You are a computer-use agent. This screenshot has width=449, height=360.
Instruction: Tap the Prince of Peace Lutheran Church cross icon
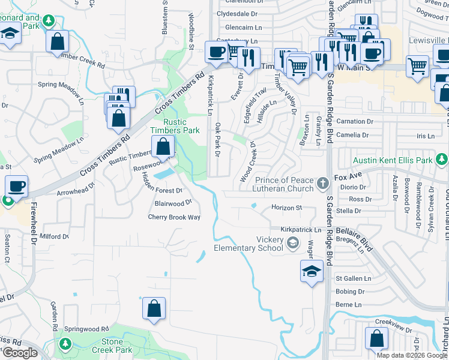coord(322,182)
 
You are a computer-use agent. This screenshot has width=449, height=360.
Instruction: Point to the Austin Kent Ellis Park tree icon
coord(442,160)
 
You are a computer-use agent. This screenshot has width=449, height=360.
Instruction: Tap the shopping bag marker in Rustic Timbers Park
coord(163,146)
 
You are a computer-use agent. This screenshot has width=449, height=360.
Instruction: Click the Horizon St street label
coord(285,207)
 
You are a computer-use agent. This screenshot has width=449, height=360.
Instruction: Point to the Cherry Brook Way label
coord(174,217)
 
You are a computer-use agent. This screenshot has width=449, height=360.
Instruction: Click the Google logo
coord(20,353)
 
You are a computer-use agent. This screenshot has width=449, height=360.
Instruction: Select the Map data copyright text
coord(412,355)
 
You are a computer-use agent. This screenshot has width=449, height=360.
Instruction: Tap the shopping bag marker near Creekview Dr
coord(376,338)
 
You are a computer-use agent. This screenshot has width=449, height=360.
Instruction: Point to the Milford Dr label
coord(55,237)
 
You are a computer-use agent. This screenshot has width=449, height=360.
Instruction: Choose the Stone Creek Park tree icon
coord(65,344)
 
